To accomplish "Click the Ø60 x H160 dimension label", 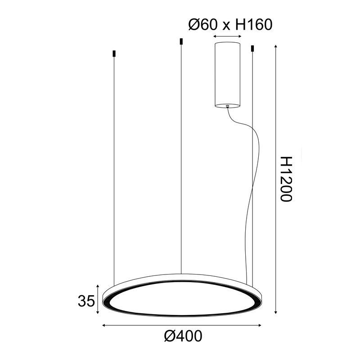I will pos(230,24).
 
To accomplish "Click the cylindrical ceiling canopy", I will pos(228,74).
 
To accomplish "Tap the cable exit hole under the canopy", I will pos(228,106).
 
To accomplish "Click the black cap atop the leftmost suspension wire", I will pos(114,54).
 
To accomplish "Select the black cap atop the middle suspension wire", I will pos(181,41).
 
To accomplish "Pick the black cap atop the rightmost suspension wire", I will pos(252,48).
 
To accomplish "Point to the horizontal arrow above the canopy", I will pos(228,36).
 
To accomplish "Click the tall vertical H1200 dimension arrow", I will pos(275,180).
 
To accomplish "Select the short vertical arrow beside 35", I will pos(97,299).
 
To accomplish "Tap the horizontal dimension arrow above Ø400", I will pos(182,324).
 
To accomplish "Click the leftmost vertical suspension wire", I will pos(114,171).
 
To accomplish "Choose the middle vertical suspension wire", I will pos(181,157).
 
